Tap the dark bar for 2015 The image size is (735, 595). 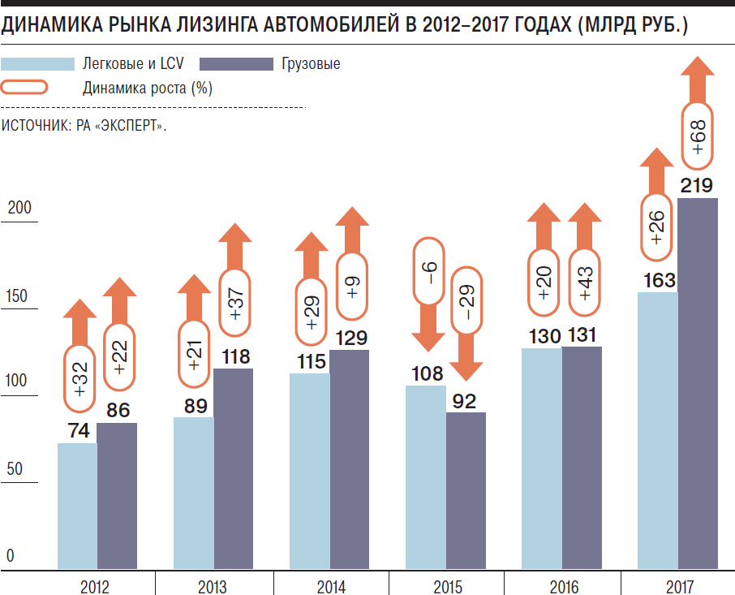pos(466,490)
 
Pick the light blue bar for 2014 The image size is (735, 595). pos(310,471)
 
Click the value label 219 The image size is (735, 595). pos(697,186)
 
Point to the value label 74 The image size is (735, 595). pos(78,432)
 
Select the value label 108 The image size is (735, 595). pos(427,374)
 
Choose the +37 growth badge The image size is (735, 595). pos(235,301)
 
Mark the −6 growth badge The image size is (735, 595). pos(428,273)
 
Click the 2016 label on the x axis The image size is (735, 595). pos(563,586)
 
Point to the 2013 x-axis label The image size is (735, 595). pos(213,586)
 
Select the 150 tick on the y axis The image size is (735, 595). pos(18,296)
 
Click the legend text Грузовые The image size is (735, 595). pos(311,64)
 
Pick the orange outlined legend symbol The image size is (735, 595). pos(25,88)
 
